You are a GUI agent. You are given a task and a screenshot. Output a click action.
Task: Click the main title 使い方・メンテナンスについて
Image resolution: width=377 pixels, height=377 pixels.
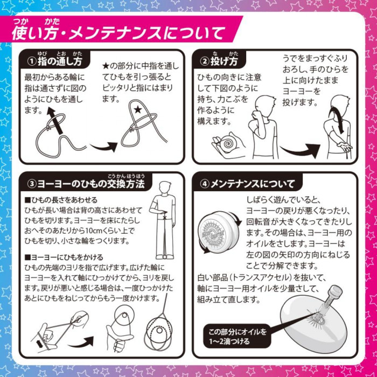coord(118,33)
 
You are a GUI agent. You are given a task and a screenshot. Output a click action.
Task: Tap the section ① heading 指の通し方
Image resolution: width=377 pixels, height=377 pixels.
coord(60,61)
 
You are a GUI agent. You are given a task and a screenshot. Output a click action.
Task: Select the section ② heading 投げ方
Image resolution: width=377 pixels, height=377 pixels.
coord(225,61)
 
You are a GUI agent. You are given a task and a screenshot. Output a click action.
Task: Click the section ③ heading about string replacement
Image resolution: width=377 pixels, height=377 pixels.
coord(91,184)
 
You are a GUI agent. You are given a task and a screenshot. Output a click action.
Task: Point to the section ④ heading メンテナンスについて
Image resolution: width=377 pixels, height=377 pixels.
coord(253,184)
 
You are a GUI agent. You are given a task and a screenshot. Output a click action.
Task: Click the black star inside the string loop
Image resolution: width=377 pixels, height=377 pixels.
coord(138,110)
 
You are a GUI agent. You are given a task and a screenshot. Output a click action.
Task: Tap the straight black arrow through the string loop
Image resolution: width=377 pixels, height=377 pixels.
coord(54,120)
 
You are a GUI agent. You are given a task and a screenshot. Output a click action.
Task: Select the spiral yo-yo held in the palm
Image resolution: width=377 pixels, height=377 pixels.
coord(227,144)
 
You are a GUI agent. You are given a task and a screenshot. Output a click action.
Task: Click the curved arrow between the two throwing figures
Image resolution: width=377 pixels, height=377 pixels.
coord(301,150)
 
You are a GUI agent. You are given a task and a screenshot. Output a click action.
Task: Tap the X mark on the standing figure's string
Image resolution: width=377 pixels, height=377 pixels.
coord(165,218)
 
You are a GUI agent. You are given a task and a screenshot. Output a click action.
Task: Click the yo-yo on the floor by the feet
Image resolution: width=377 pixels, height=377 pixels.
coord(164,257)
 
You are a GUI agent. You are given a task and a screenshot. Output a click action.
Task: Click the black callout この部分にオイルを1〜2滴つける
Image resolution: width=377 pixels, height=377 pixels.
coord(238,337)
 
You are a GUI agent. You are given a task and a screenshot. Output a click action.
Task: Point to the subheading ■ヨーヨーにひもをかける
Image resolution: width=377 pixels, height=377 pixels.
coord(64,257)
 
